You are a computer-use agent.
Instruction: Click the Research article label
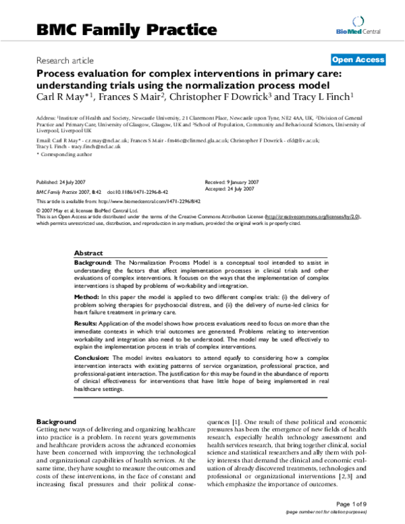[x=66, y=59]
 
